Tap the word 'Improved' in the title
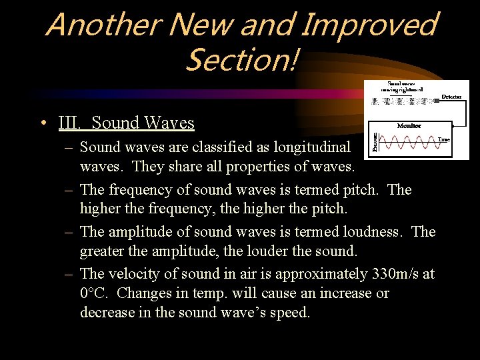pos(370,25)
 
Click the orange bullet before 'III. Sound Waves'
pos(43,123)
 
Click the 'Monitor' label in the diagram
pos(409,125)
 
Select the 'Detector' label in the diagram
pos(451,97)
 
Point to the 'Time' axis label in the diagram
pos(443,139)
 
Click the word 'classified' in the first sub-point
pos(216,147)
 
